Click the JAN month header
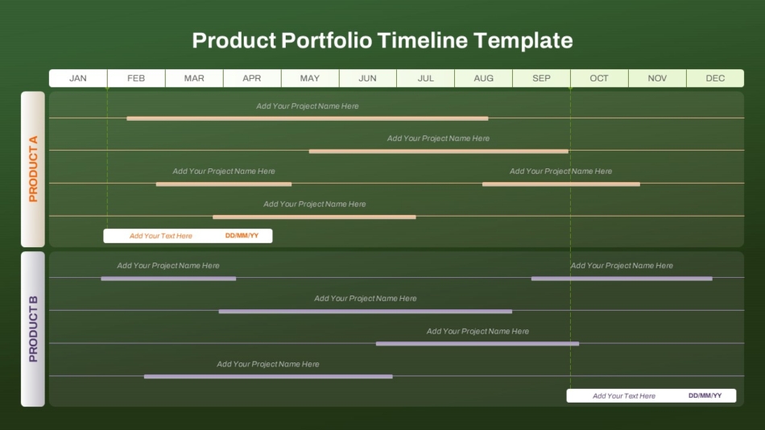[78, 78]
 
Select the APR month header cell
[252, 78]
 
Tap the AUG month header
[484, 78]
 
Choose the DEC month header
[715, 78]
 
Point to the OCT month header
[599, 78]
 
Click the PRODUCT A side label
[33, 169]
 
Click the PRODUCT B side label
[33, 329]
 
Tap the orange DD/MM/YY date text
[242, 236]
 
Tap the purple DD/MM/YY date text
[705, 395]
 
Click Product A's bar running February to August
[307, 118]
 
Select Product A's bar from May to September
[438, 151]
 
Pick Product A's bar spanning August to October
[560, 184]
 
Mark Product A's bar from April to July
[314, 217]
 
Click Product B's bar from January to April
[168, 279]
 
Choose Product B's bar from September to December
[622, 279]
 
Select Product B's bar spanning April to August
[365, 312]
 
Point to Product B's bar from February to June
[268, 376]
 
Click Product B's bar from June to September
[477, 344]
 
